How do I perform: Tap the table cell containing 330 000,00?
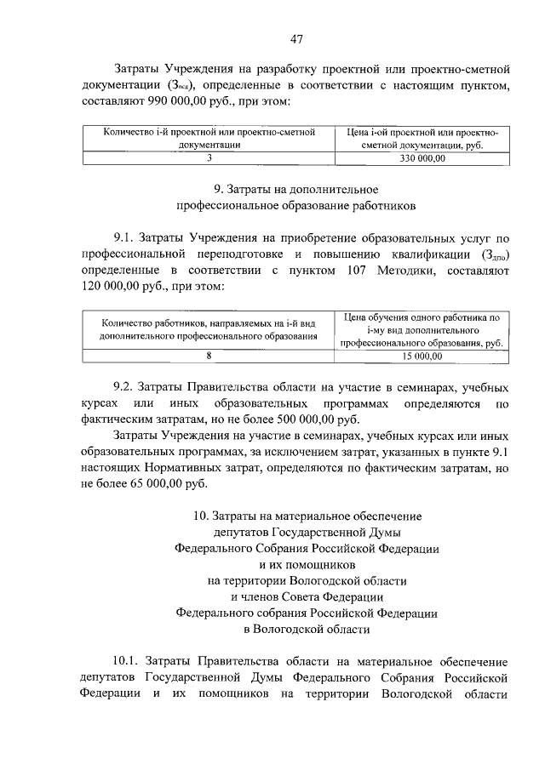tap(422, 158)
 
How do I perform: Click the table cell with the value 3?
tap(209, 158)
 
